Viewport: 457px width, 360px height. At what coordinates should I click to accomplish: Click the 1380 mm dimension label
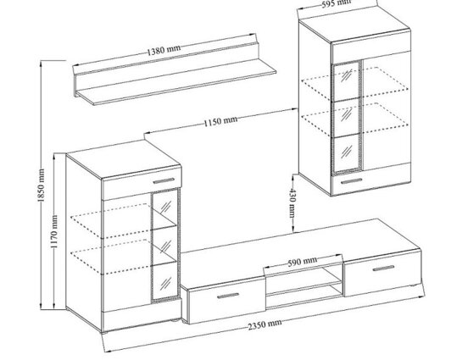tap(163, 50)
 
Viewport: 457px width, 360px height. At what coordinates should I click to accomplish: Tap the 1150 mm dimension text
tap(220, 121)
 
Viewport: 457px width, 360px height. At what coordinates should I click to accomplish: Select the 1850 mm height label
tap(41, 186)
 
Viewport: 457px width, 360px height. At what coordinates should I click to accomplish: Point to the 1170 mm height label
tap(54, 232)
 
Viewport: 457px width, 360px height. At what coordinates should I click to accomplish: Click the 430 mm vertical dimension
tap(293, 203)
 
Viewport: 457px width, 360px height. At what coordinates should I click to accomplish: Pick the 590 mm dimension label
tap(302, 262)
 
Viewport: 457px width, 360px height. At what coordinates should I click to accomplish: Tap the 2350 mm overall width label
tap(265, 324)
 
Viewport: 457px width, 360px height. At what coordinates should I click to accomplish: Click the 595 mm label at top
tap(337, 3)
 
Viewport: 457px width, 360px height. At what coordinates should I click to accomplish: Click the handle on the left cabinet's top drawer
tap(164, 181)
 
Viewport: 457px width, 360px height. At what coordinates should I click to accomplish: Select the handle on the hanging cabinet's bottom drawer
tap(352, 181)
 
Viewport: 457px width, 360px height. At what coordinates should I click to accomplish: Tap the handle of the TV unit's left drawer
tap(228, 296)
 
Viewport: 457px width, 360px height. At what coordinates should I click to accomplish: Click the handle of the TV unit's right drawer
tap(383, 268)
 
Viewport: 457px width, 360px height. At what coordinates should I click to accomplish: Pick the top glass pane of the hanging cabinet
tap(346, 80)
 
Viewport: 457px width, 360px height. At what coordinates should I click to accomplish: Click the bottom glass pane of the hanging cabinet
tap(347, 154)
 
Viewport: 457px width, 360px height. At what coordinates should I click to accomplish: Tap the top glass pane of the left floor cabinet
tap(164, 208)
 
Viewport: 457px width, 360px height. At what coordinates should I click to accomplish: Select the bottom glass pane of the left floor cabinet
tap(165, 281)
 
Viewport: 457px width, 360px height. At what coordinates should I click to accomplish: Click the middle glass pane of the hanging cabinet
tap(347, 117)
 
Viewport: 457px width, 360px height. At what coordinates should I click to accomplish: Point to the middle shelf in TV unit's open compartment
tap(304, 288)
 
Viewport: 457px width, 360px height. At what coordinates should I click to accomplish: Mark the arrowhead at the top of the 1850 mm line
tap(41, 64)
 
